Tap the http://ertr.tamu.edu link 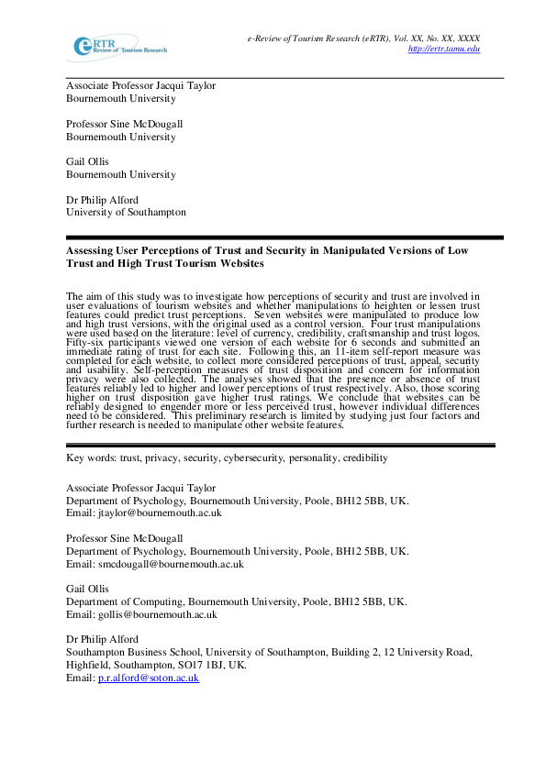point(443,49)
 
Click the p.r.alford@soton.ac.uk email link point(148,678)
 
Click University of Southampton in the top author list point(126,212)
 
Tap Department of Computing point(122,601)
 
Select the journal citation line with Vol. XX point(362,39)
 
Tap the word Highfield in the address point(88,665)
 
